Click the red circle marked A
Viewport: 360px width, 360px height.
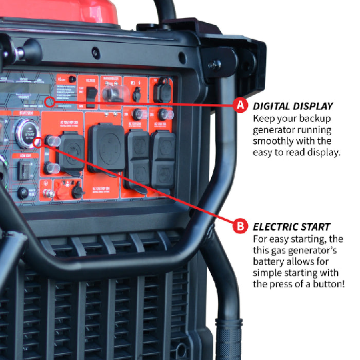tap(240, 105)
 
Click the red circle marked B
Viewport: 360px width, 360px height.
tap(240, 226)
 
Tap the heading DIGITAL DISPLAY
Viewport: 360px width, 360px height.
tap(293, 106)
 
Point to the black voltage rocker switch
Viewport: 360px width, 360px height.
tap(91, 93)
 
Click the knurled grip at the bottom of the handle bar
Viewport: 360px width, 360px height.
tap(228, 339)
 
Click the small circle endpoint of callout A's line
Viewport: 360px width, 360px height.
tap(48, 102)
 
